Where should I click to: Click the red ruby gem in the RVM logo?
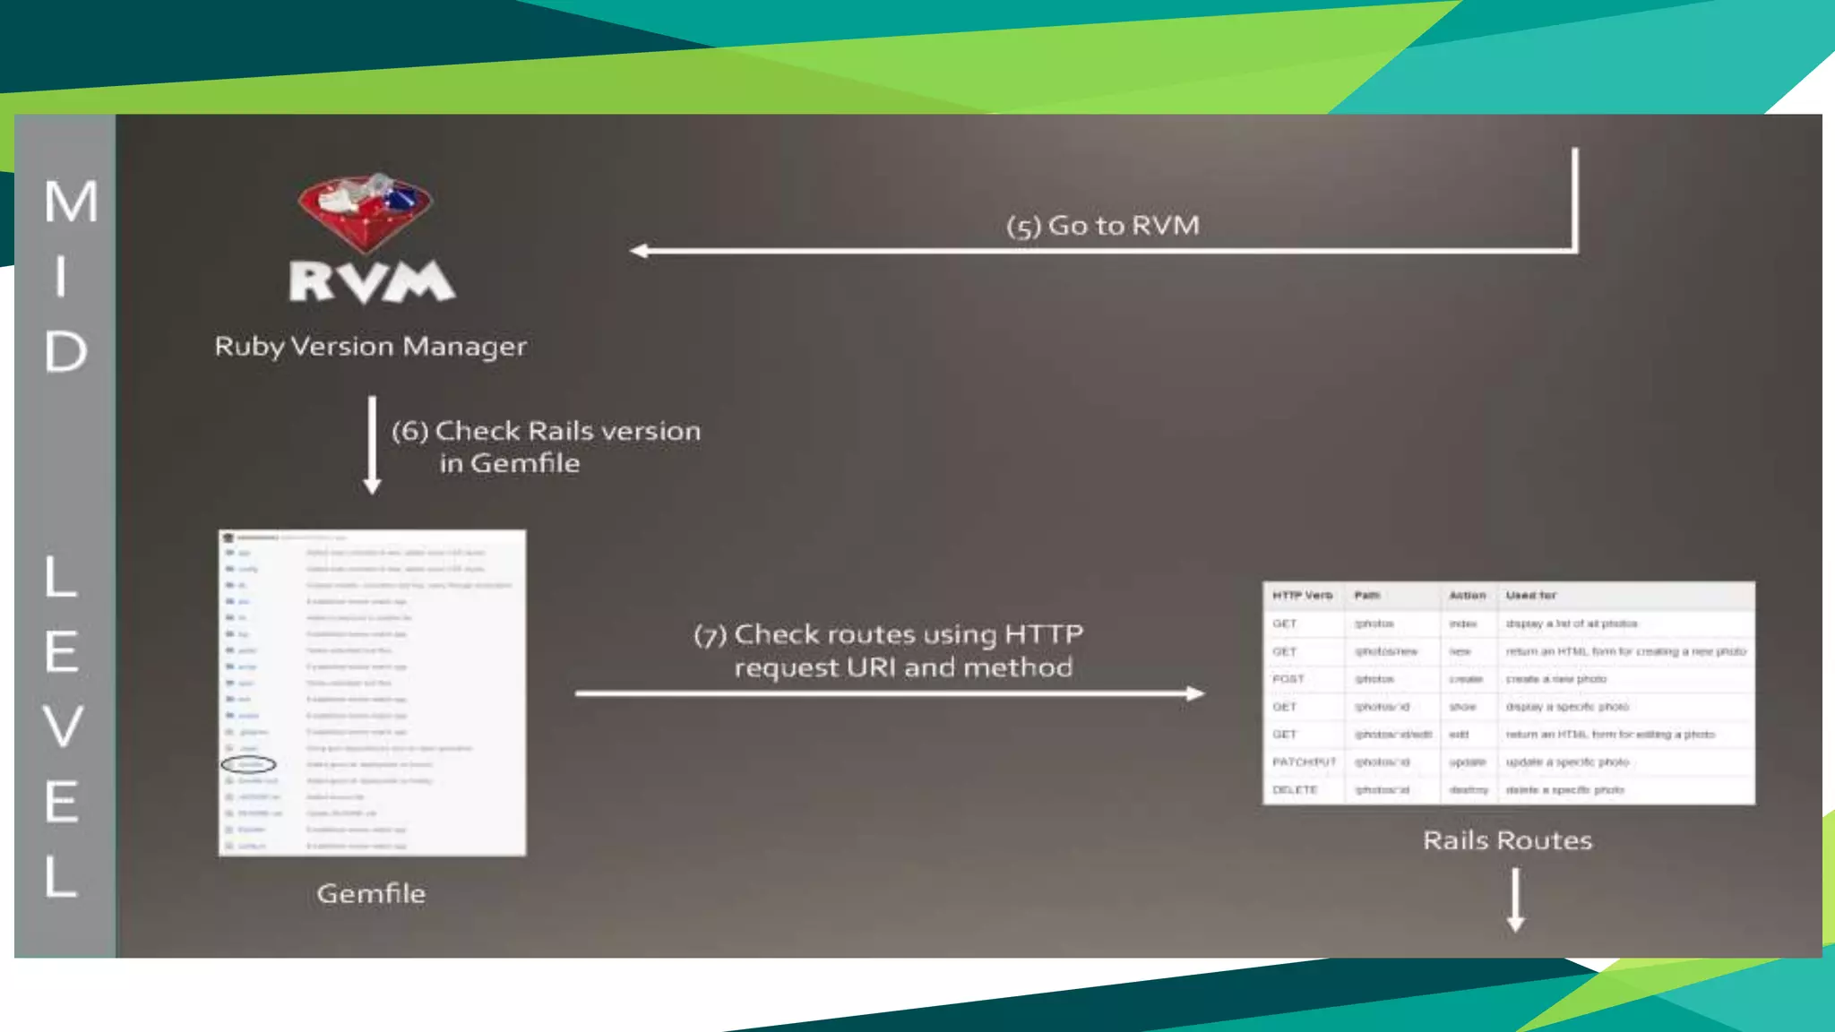(366, 211)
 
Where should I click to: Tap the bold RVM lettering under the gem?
(372, 281)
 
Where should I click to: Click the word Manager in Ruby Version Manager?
(464, 347)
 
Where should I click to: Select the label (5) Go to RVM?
(1102, 226)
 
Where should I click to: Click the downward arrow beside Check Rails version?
(372, 445)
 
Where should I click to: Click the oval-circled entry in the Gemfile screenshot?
(248, 764)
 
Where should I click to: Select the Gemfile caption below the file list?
(371, 893)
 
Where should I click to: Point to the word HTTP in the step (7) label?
(1044, 634)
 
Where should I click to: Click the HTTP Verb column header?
(1302, 595)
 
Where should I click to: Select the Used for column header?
(1530, 595)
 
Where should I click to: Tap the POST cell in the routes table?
(1288, 679)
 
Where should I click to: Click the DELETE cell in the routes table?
(1295, 790)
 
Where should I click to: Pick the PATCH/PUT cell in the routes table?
(1304, 762)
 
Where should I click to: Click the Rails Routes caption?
(1507, 840)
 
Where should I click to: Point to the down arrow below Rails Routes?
(1515, 900)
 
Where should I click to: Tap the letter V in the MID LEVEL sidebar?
(63, 726)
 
